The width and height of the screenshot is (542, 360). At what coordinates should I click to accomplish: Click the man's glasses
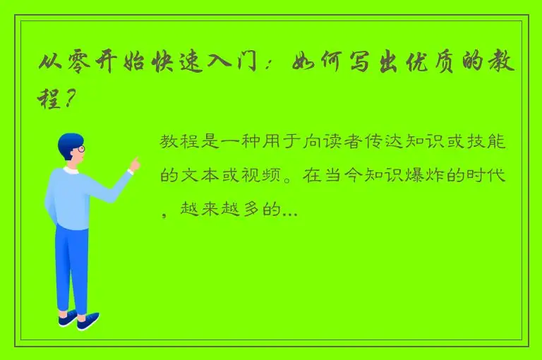(x=80, y=149)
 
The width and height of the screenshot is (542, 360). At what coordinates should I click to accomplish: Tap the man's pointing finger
(x=133, y=163)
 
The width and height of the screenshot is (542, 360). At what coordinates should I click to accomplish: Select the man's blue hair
(x=69, y=142)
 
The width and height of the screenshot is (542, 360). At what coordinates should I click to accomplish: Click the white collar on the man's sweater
(x=71, y=170)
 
